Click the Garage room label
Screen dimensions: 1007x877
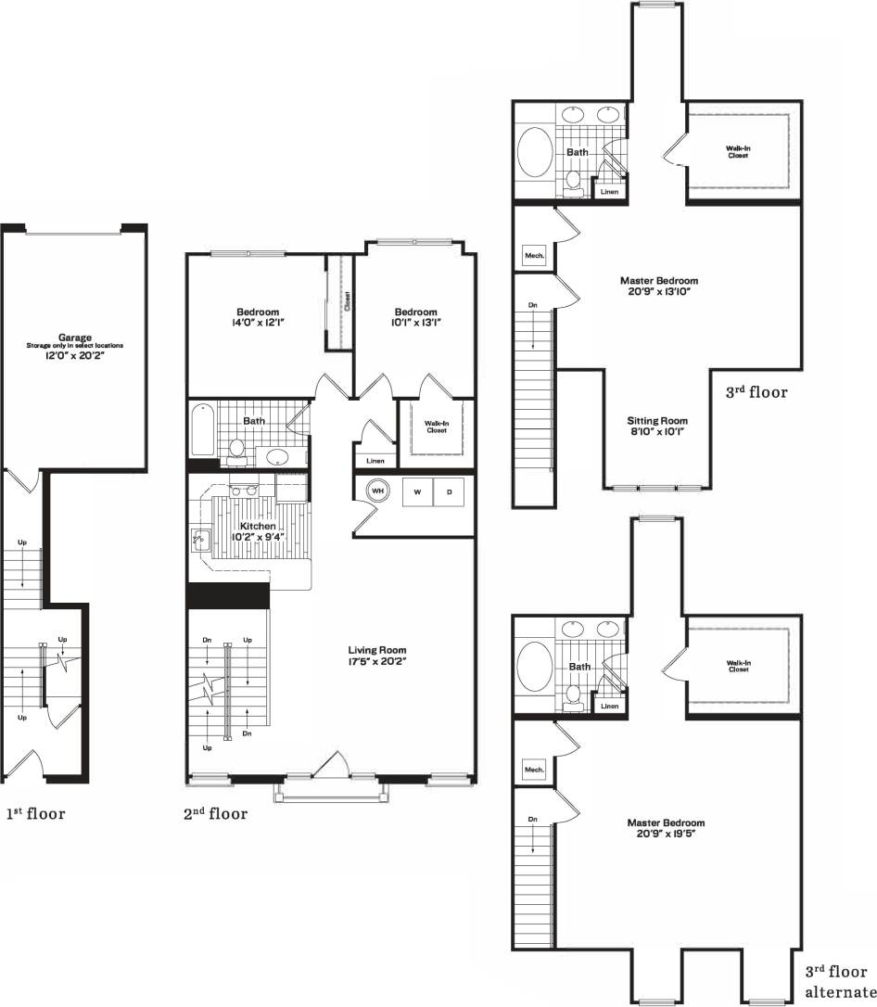[x=74, y=338]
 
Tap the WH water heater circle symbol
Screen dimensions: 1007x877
[x=378, y=491]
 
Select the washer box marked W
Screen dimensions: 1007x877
[x=417, y=492]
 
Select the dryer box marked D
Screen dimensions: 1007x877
[x=450, y=492]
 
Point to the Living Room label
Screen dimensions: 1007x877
[x=377, y=650]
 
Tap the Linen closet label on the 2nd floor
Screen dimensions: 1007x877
[x=375, y=461]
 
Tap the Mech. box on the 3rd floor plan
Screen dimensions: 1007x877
[x=535, y=255]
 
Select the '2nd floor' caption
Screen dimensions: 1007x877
[x=216, y=814]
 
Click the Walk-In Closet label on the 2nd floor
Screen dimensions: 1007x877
[x=437, y=427]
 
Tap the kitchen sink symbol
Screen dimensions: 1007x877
[x=200, y=537]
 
